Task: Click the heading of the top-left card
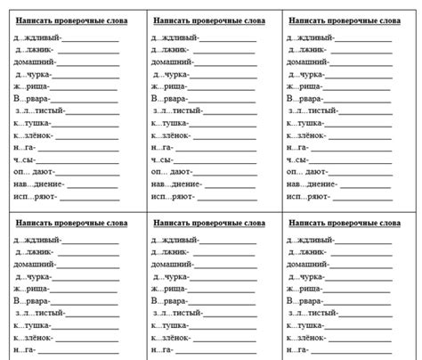point(71,19)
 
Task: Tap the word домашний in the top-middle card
point(168,63)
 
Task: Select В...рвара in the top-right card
point(304,99)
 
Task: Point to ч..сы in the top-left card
point(26,160)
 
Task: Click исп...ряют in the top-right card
point(308,196)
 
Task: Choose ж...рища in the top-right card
point(304,87)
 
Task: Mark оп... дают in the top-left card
point(35,171)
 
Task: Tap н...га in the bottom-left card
point(25,351)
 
